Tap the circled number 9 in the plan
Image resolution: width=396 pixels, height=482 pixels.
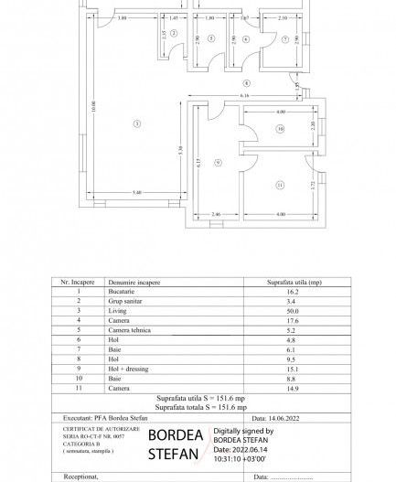(x=217, y=163)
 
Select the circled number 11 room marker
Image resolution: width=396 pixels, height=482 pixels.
(x=281, y=186)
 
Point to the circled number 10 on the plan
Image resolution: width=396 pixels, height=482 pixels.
(x=281, y=130)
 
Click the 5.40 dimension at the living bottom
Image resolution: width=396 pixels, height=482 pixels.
(x=135, y=192)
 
